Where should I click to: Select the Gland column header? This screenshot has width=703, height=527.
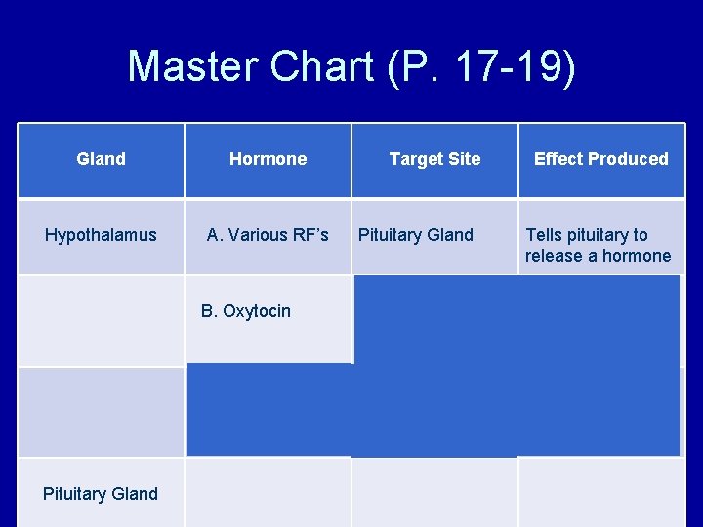[x=101, y=159]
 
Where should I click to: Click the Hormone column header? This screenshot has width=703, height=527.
[x=268, y=159]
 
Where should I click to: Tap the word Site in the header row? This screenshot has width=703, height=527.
[x=464, y=159]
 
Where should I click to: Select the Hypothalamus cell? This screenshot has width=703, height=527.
[x=101, y=235]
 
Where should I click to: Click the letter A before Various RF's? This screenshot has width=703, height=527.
[x=213, y=235]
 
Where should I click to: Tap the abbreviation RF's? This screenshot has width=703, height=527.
[x=309, y=235]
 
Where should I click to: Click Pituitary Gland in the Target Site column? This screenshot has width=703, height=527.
[x=415, y=235]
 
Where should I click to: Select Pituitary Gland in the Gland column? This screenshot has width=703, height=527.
[x=101, y=494]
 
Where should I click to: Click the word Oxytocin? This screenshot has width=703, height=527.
[x=256, y=312]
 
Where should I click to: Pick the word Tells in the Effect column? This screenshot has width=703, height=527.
[x=545, y=235]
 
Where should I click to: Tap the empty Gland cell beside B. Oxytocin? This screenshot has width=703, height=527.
[x=101, y=320]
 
